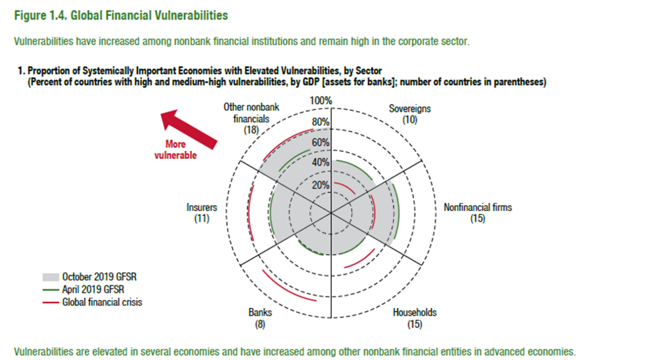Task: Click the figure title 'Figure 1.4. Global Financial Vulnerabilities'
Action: click(x=121, y=16)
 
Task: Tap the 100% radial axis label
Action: click(x=321, y=101)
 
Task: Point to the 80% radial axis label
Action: click(x=321, y=122)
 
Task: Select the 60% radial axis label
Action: click(x=321, y=142)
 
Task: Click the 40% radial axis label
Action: click(x=321, y=162)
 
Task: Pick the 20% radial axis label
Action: click(x=321, y=185)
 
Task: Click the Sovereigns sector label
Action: click(x=410, y=114)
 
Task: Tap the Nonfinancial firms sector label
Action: click(x=477, y=212)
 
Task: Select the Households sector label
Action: click(x=415, y=318)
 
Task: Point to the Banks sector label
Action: click(x=260, y=318)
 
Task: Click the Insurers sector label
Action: click(x=202, y=212)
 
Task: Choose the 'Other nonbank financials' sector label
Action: click(x=251, y=118)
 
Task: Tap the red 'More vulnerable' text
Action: click(x=175, y=149)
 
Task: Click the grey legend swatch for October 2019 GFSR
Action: click(x=50, y=277)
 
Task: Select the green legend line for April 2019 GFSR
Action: click(x=50, y=290)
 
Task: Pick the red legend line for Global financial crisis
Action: click(x=50, y=302)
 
